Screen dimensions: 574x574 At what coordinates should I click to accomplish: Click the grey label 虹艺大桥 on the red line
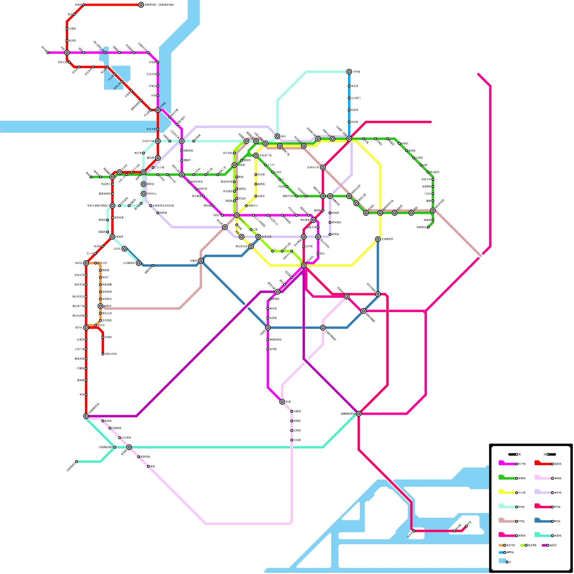[151, 129]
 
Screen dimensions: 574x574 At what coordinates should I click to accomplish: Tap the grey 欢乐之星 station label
[266, 237]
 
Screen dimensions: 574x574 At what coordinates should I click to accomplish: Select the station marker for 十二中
[265, 165]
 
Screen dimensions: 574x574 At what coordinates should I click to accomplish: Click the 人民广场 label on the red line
[79, 349]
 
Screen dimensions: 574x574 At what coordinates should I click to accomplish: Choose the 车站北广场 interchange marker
[256, 155]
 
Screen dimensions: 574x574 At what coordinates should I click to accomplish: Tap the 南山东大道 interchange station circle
[251, 246]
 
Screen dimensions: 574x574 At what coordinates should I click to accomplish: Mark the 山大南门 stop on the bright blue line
[349, 98]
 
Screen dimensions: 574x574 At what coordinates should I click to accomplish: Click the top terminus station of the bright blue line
[349, 72]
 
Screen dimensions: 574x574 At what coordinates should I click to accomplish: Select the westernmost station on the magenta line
[48, 53]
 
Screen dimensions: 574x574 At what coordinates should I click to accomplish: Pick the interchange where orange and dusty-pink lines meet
[100, 306]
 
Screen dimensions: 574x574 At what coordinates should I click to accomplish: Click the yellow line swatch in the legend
[507, 492]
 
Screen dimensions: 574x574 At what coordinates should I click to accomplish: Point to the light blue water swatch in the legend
[502, 561]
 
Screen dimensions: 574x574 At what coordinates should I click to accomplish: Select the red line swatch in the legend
[542, 464]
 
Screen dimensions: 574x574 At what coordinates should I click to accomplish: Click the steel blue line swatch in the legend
[542, 521]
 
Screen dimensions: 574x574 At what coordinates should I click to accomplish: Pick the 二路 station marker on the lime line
[251, 230]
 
